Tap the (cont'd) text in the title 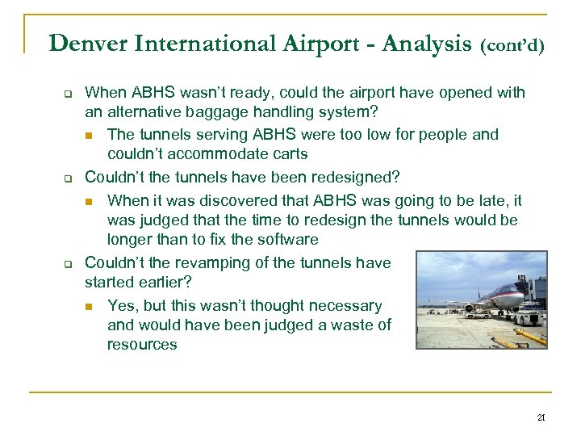[x=513, y=44]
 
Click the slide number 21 [x=541, y=417]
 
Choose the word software [x=275, y=239]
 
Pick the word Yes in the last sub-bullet [x=121, y=305]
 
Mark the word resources [x=142, y=344]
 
